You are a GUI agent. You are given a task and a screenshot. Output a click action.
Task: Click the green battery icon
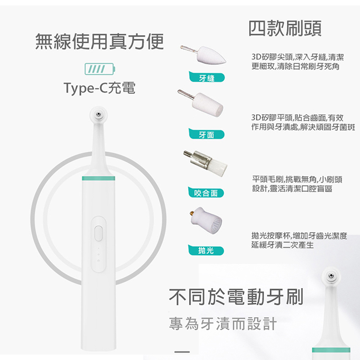pos(100,69)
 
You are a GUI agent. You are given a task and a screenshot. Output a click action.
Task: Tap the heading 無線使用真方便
pos(99,42)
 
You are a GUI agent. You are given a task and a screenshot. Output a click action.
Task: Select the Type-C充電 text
pos(99,88)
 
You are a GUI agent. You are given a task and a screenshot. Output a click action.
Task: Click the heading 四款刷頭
pos(285,28)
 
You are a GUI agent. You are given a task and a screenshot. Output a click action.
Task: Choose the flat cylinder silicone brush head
pos(201,103)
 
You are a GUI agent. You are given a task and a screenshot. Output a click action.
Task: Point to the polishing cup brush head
pos(205,220)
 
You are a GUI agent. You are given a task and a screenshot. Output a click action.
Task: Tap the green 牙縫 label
pos(206,77)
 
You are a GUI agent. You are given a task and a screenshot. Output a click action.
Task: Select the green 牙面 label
pos(206,134)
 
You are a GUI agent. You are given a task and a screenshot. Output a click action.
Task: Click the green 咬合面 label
pos(206,192)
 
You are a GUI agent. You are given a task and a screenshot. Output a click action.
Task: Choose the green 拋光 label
pos(206,250)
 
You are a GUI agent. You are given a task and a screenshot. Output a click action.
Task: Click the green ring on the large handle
pos(98,178)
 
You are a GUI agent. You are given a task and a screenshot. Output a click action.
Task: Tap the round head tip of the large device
pos(98,114)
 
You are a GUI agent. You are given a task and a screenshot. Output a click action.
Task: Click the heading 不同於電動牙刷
pos(236,297)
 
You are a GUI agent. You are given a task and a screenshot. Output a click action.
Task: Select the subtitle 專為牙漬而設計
pos(223,324)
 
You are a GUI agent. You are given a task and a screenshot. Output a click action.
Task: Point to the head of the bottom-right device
pos(331,276)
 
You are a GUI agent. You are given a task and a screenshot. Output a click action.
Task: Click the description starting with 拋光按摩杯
pos(299,240)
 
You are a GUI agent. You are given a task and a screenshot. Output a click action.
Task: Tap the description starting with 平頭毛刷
pos(297,184)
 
